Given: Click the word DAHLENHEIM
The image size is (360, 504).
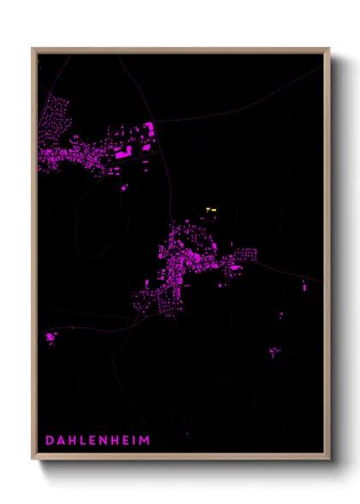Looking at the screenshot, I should pos(96,441).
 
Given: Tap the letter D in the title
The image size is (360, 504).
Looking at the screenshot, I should pos(50,441).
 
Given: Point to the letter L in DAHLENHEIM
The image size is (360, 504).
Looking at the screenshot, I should pos(79,441).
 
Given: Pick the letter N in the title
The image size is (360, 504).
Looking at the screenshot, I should pos(99,441).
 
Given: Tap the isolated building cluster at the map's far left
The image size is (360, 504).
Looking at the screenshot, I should pos(50,337).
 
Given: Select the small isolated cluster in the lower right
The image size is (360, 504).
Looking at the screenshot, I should pos(275,351).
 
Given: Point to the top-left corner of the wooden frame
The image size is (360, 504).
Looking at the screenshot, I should pos(33,49).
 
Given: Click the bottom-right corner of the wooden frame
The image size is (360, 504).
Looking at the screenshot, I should pos(329,459).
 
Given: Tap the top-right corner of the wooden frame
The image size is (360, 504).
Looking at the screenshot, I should pos(329,49).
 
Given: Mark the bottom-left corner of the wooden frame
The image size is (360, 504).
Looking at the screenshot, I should pos(33,459).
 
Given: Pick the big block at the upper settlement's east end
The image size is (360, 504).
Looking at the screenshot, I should pos(147,129).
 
